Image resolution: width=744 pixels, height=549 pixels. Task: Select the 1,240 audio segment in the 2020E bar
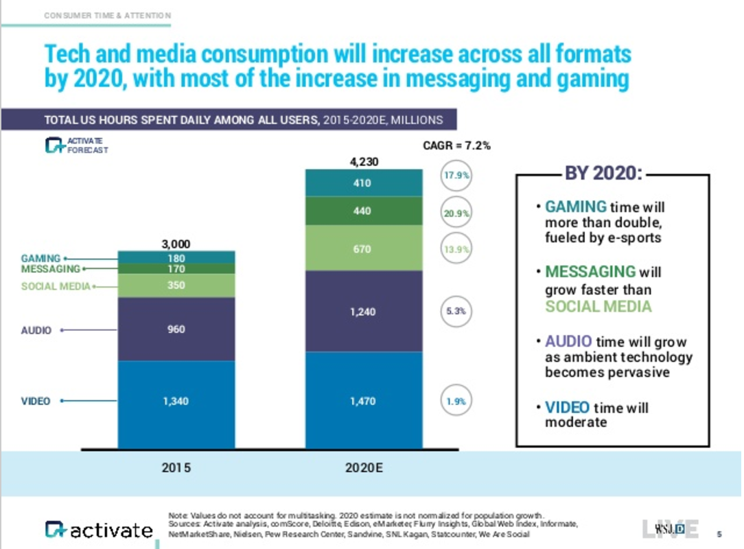(362, 312)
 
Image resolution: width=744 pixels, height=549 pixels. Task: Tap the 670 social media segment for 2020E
(362, 249)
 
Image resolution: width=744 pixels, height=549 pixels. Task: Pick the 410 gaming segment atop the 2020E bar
(362, 183)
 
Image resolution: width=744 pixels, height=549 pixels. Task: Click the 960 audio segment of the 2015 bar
(176, 329)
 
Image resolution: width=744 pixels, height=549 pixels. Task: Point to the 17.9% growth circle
(455, 176)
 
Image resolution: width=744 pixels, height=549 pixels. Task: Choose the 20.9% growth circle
(455, 213)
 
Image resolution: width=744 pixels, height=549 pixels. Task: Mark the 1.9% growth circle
(455, 402)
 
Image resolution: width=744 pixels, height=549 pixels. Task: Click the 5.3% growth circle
(455, 311)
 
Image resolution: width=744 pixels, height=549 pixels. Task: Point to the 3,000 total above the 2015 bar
(176, 244)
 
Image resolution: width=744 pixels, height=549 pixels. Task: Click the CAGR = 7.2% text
(456, 145)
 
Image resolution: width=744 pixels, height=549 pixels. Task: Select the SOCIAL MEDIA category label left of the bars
(56, 286)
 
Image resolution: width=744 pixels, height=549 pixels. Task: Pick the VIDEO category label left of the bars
(36, 401)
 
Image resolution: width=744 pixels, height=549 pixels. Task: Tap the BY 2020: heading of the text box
(603, 174)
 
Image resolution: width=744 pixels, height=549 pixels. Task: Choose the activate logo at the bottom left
(99, 530)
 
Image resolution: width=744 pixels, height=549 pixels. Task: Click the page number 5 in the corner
(719, 533)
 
